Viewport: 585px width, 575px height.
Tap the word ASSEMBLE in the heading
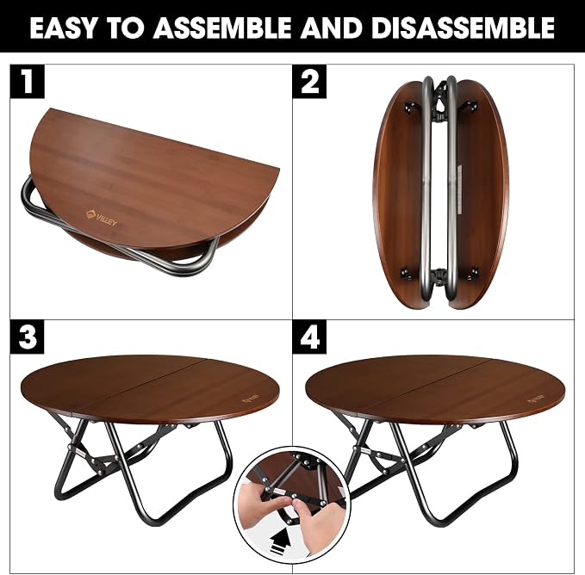tap(221, 28)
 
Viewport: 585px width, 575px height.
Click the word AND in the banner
tap(332, 28)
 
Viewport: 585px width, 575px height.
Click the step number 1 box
tap(28, 82)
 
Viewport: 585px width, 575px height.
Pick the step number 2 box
tap(309, 82)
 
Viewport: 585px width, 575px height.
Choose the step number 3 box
tap(28, 337)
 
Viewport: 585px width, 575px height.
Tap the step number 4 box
tap(309, 337)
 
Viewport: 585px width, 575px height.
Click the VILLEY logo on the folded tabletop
tap(102, 219)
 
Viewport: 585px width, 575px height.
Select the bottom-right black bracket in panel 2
tap(473, 273)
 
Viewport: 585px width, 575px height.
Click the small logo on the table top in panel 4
tap(536, 397)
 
